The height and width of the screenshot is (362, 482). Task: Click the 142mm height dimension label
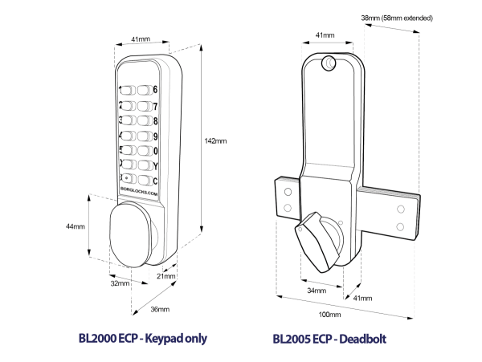[x=217, y=140]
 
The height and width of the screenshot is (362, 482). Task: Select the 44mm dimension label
[x=76, y=226]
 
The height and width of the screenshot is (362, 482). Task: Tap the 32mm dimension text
[x=120, y=283]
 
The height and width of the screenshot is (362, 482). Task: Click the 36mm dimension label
[x=160, y=309]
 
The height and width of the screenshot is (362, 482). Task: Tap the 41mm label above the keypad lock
[x=139, y=38]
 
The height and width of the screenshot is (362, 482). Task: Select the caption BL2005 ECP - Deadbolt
[x=329, y=339]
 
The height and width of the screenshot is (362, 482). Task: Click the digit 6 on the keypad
[x=155, y=90]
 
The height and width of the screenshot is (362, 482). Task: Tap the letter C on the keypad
[x=155, y=181]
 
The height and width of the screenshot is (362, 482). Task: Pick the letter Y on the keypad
[x=155, y=166]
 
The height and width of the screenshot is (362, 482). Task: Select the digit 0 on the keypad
[x=155, y=151]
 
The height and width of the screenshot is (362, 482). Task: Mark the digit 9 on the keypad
[x=155, y=136]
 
